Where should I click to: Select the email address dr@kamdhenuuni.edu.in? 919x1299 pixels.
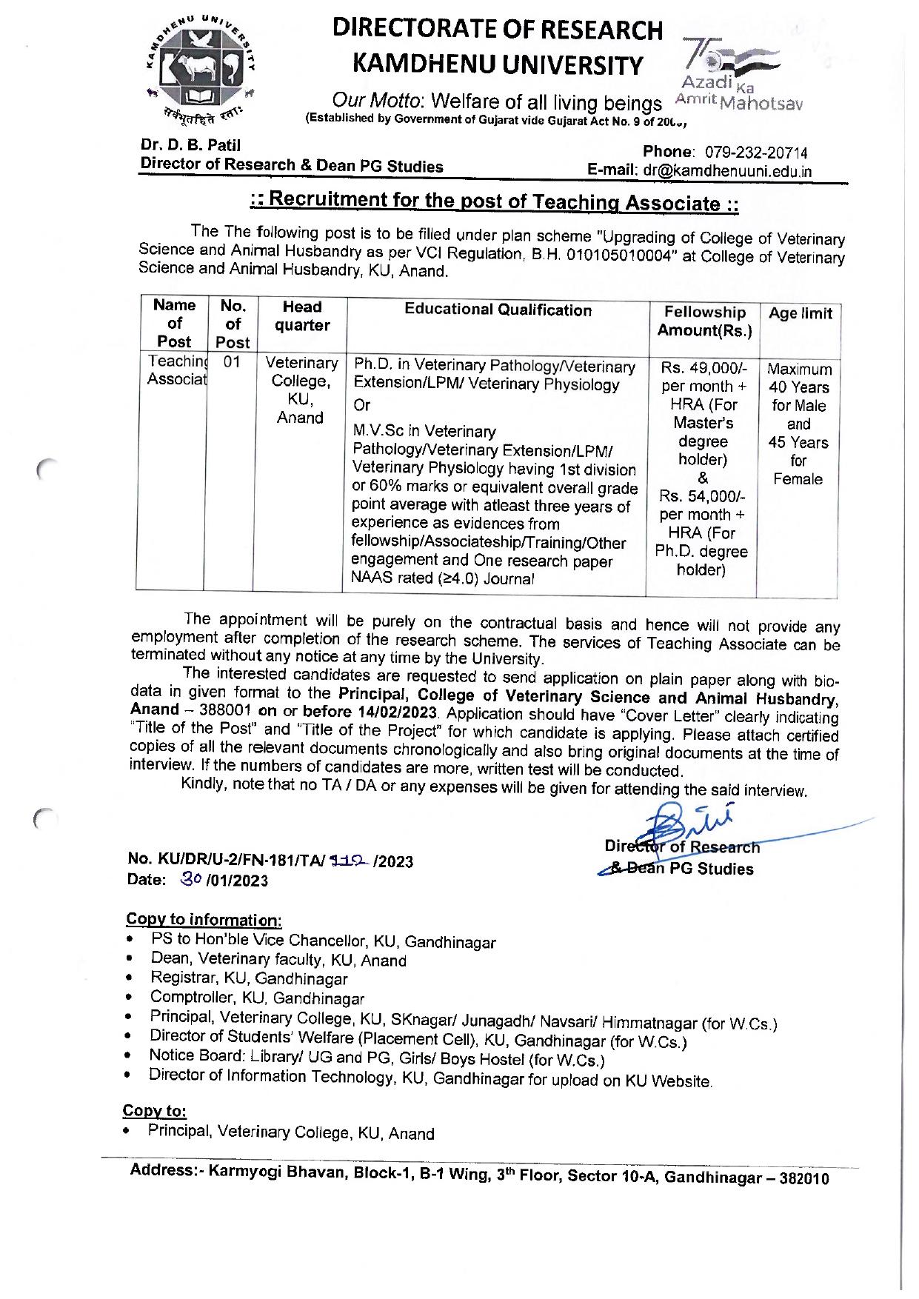(727, 171)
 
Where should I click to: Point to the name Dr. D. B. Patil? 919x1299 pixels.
(190, 145)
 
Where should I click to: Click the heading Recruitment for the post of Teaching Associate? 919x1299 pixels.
(494, 201)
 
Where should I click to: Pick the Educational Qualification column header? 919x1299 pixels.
(498, 310)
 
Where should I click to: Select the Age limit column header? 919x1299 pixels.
(800, 313)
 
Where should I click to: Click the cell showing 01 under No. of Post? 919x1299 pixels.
(232, 362)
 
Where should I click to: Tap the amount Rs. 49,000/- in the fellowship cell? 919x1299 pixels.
(704, 368)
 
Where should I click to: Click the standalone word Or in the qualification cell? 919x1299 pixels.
(361, 405)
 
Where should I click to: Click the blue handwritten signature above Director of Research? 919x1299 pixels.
(685, 819)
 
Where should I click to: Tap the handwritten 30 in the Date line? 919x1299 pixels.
(190, 878)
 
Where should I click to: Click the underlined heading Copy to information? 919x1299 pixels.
(204, 920)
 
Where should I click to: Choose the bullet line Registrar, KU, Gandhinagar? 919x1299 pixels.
(249, 978)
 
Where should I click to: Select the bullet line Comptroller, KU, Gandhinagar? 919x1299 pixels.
(257, 998)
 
